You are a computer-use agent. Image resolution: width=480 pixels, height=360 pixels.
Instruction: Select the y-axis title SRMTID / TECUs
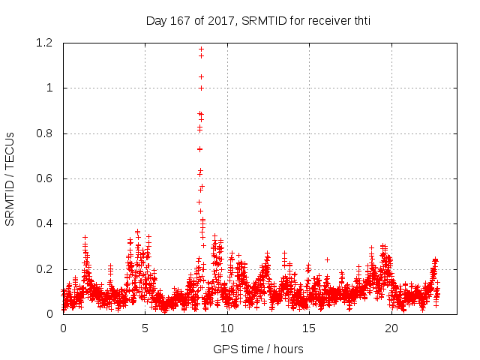point(10,178)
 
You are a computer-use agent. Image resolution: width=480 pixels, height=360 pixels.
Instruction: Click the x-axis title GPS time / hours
point(258,349)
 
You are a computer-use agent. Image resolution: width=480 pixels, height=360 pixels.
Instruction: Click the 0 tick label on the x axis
point(63,328)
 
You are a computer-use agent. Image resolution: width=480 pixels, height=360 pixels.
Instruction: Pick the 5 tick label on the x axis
point(145,328)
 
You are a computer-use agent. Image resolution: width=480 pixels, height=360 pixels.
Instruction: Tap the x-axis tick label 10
point(226,328)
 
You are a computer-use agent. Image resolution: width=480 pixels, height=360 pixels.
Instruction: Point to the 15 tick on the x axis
point(308,328)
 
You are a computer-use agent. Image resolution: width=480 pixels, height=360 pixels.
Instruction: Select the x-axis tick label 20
point(390,328)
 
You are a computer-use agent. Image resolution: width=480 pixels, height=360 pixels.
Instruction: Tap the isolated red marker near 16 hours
point(327,259)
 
